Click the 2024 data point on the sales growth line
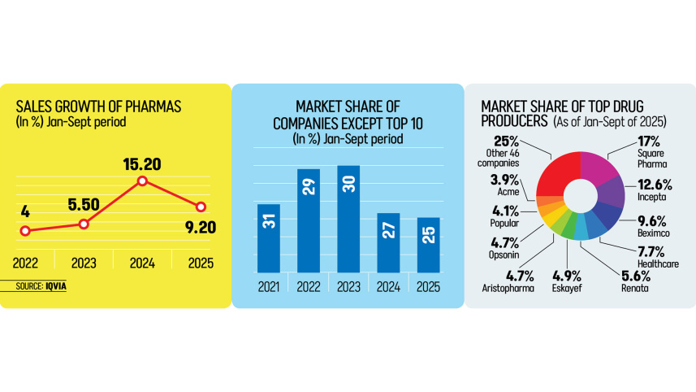pyautogui.click(x=143, y=181)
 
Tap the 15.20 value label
pyautogui.click(x=142, y=164)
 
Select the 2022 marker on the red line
pyautogui.click(x=25, y=231)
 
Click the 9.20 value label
pyautogui.click(x=200, y=227)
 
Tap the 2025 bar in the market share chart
pyautogui.click(x=428, y=245)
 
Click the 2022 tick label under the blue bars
pyautogui.click(x=308, y=287)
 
